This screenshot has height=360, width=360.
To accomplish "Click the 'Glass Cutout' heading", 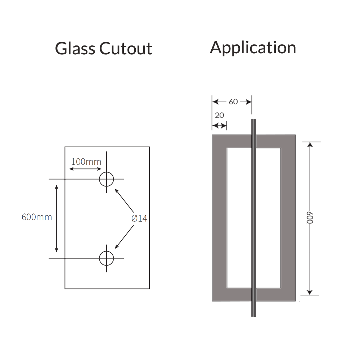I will [104, 49].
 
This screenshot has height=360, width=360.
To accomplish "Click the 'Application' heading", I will [253, 48].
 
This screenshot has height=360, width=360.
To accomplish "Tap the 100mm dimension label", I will [86, 162].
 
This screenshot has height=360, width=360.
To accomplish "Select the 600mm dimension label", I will [37, 217].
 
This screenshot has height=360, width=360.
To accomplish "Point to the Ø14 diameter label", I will [139, 218].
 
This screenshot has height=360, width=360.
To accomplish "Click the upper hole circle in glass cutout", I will [107, 179].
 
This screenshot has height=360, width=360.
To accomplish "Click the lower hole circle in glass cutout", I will [107, 258].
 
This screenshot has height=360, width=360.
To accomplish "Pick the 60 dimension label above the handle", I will [233, 102].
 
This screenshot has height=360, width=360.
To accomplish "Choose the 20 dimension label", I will [219, 115].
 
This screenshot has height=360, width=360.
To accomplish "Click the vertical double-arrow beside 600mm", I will [57, 218].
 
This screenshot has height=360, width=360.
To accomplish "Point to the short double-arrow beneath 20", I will [219, 126].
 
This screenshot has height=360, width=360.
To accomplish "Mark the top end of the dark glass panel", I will [253, 120].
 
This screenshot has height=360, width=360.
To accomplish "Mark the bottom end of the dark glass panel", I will [253, 316].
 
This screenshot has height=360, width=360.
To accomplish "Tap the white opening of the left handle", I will [238, 217].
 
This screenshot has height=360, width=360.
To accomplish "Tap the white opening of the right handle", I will [268, 217].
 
